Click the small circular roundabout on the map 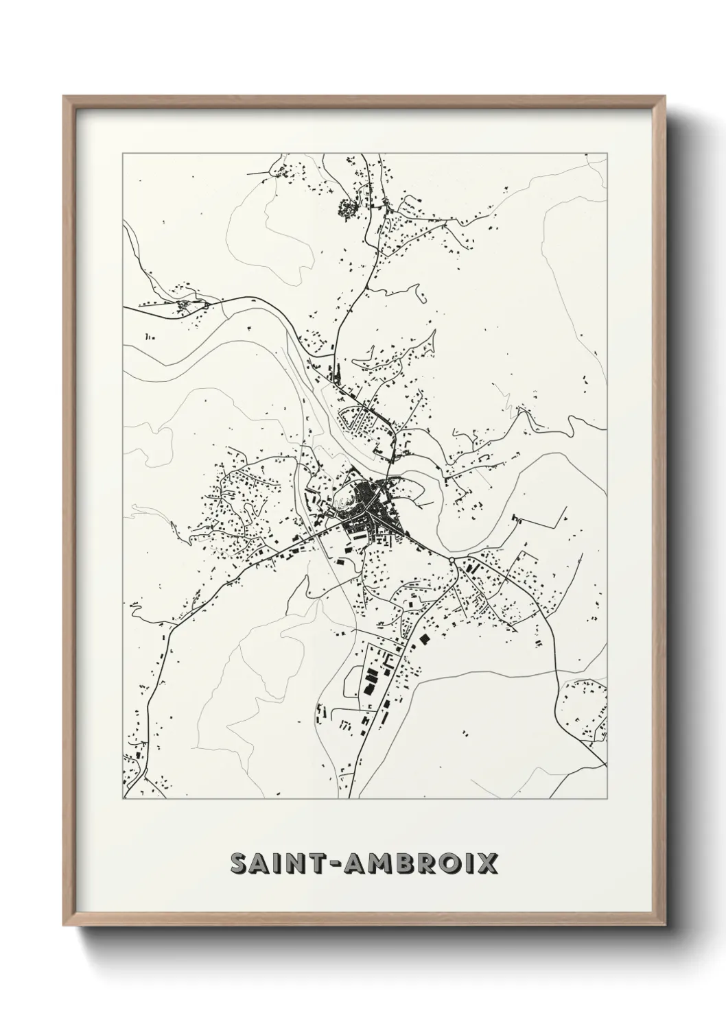click(x=452, y=561)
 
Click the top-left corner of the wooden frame click(x=64, y=96)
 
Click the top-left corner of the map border click(x=123, y=153)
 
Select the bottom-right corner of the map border click(x=607, y=799)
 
